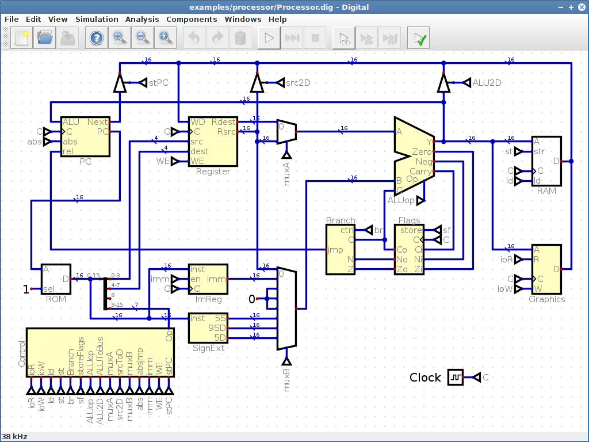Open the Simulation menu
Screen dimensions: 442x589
click(x=97, y=19)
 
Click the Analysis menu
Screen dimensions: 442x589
click(x=142, y=19)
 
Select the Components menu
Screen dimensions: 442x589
click(x=192, y=19)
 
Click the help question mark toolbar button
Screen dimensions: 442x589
click(x=96, y=39)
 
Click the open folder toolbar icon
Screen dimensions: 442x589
click(x=45, y=39)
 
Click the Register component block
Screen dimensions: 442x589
click(x=213, y=141)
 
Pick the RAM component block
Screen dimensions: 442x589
click(x=546, y=161)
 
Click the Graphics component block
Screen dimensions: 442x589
click(x=546, y=269)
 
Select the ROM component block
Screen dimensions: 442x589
click(x=56, y=279)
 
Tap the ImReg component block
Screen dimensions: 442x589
click(x=208, y=279)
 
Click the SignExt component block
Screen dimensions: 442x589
click(x=208, y=327)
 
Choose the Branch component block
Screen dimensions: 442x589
click(x=341, y=249)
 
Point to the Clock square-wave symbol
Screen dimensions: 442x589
click(x=456, y=378)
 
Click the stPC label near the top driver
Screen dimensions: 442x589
click(x=158, y=83)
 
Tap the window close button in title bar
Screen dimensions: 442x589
click(x=581, y=7)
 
